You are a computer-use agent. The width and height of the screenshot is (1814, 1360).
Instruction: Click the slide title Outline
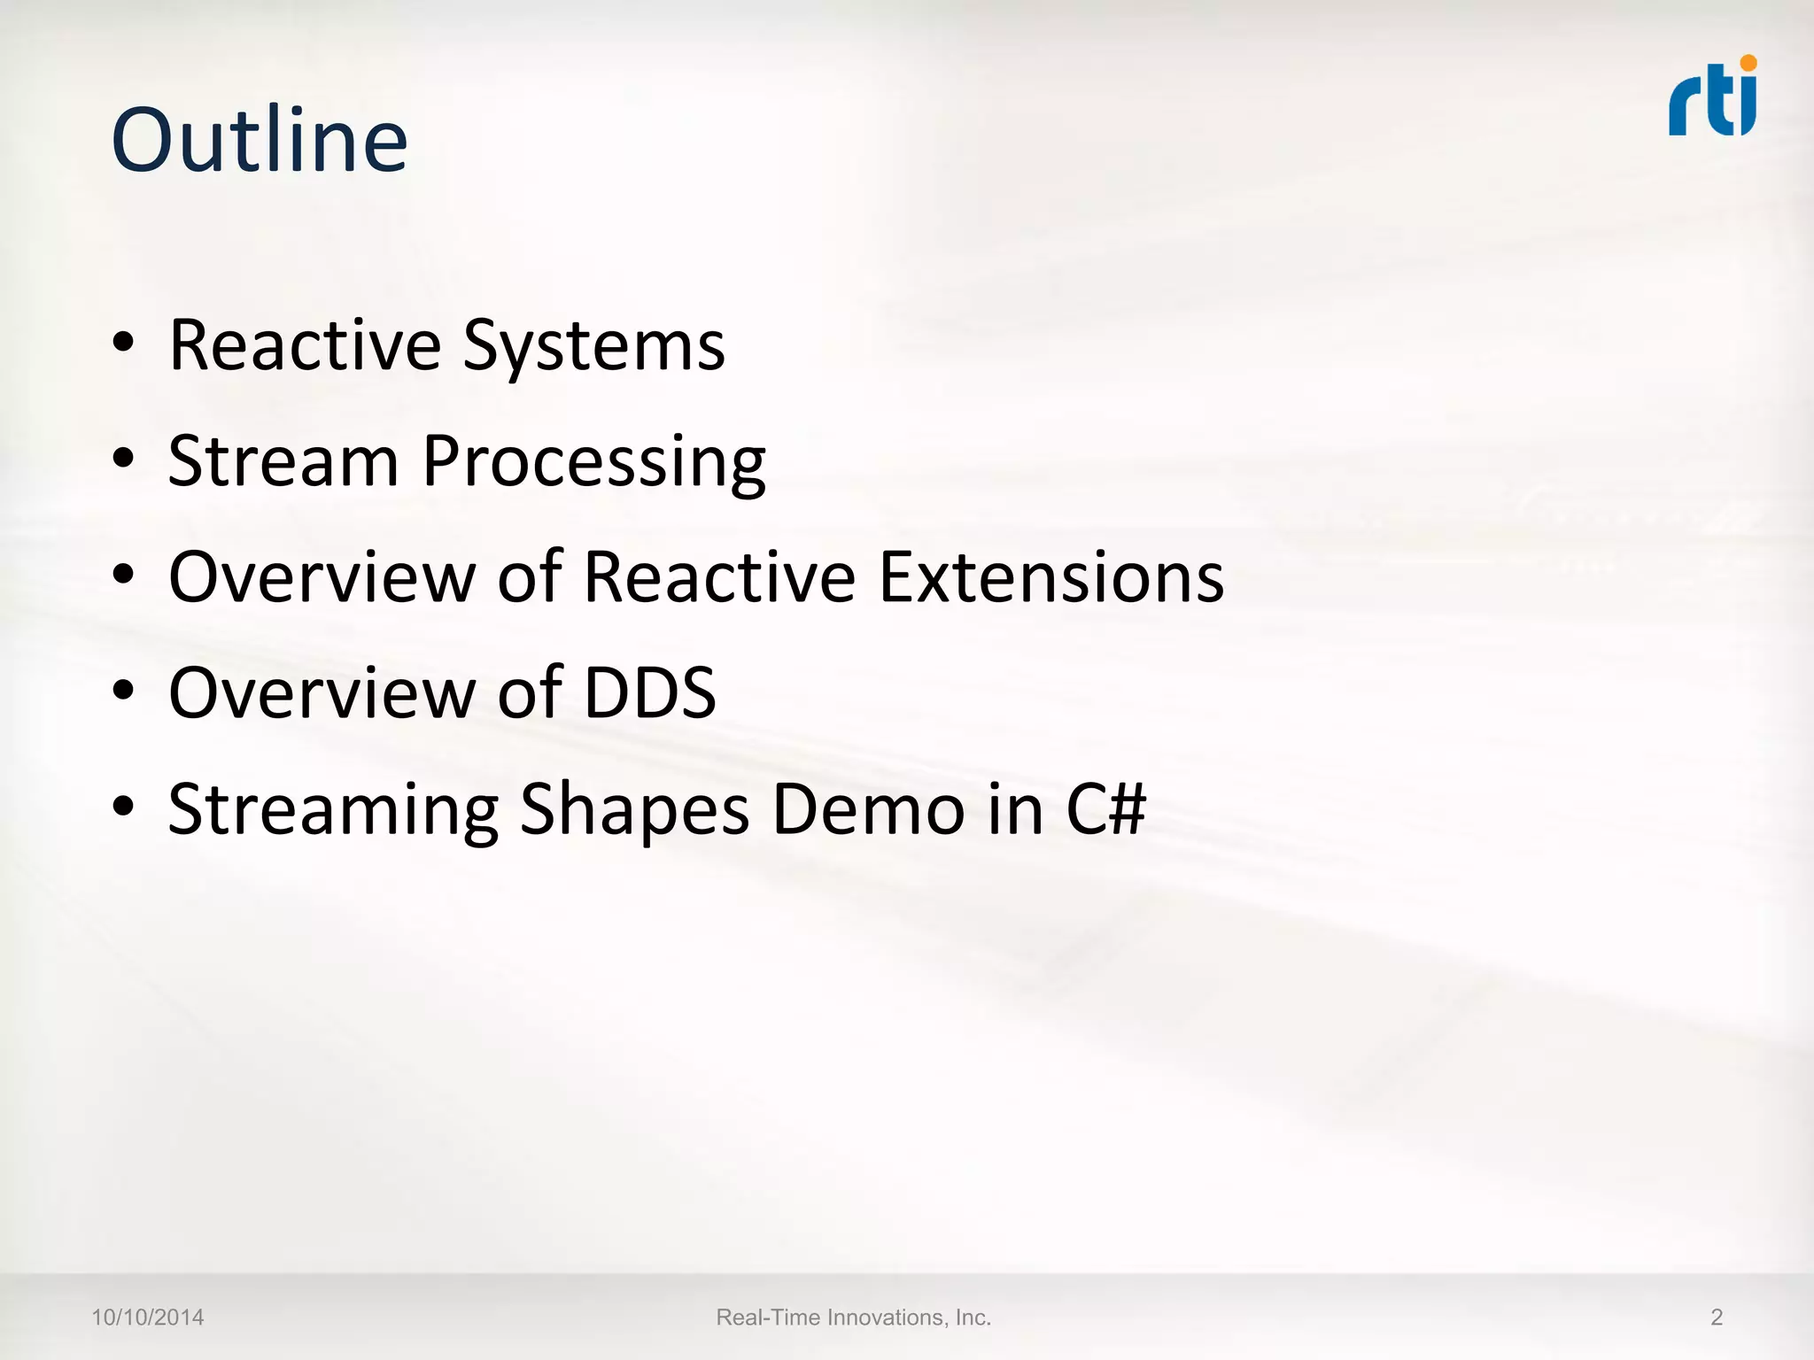pos(259,141)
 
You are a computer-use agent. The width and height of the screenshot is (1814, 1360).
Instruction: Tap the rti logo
pos(1711,99)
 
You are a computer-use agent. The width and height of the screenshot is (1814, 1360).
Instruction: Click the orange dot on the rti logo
pos(1748,63)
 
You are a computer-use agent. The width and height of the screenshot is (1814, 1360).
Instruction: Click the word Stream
pos(283,461)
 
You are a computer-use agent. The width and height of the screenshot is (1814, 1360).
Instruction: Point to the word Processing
pos(593,463)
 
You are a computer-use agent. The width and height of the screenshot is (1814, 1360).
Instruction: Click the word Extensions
pos(1051,576)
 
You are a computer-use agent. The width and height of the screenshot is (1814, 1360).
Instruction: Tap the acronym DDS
pos(650,692)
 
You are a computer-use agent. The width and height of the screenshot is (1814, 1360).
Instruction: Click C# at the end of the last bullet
pos(1105,808)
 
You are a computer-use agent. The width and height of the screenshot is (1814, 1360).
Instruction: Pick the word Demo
pos(868,808)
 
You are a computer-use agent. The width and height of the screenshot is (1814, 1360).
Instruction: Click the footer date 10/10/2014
pos(148,1317)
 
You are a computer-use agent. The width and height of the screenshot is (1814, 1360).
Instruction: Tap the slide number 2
pos(1716,1317)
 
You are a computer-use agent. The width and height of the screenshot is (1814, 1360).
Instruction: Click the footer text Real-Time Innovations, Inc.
pos(853,1317)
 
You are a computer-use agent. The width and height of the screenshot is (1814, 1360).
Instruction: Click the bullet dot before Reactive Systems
pos(124,343)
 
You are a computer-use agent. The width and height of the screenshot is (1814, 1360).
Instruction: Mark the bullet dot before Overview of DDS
pos(124,690)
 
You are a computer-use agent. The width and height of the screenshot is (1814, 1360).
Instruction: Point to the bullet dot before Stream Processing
pos(124,459)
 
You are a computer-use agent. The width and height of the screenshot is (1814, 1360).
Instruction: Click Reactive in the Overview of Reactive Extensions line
pos(719,576)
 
